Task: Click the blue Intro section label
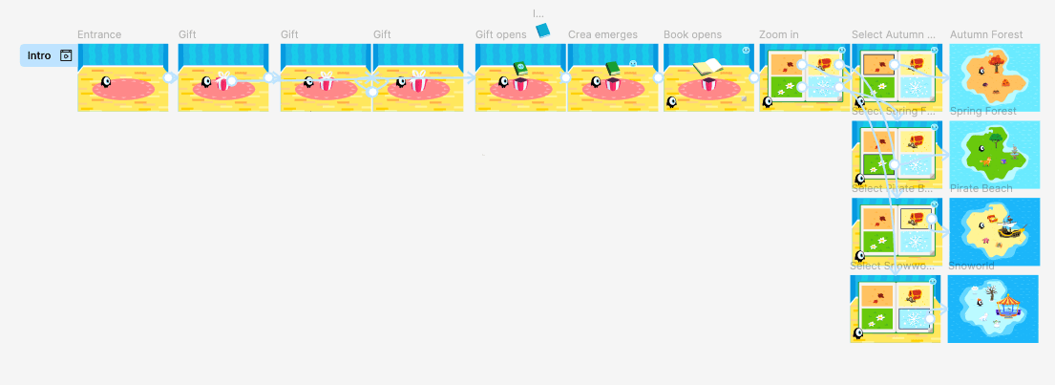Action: (x=38, y=55)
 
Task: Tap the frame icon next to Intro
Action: (x=66, y=55)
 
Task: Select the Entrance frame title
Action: (x=99, y=35)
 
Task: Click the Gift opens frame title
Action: (x=500, y=35)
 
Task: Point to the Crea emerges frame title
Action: (x=602, y=35)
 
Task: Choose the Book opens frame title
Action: (x=692, y=35)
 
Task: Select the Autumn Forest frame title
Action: (x=986, y=35)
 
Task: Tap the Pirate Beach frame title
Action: (x=981, y=188)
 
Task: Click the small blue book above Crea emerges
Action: (x=543, y=31)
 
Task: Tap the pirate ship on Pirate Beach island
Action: (x=1008, y=229)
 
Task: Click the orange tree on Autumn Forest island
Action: (x=995, y=62)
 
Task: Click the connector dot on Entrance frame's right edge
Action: (x=168, y=78)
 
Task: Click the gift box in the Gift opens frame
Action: (x=520, y=84)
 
